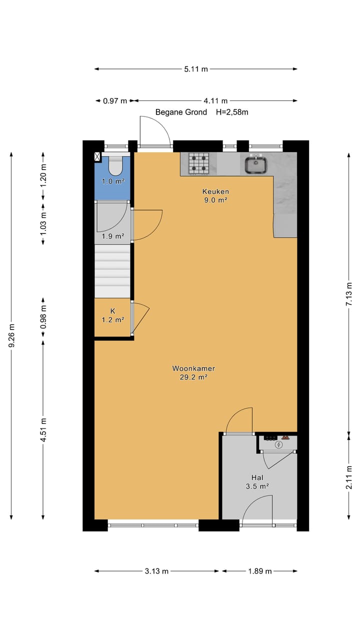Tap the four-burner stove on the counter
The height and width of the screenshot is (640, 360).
(198, 163)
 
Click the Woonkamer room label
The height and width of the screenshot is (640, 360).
(193, 368)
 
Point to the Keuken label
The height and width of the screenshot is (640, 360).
(215, 191)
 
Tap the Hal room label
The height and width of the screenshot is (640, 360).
(257, 477)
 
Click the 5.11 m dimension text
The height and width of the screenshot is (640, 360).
(195, 69)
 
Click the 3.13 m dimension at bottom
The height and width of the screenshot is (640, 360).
(156, 571)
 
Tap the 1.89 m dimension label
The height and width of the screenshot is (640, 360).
(259, 571)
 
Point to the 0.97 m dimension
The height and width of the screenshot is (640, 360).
(114, 100)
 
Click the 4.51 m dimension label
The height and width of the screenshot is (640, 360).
(43, 430)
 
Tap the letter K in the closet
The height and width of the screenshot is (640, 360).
(112, 310)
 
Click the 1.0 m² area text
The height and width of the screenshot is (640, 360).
(112, 181)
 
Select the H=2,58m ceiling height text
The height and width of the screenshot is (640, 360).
(232, 112)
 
